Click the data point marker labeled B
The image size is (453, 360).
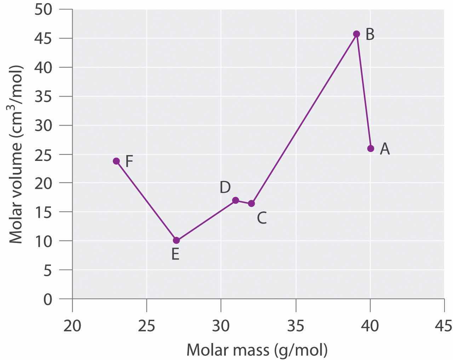pyautogui.click(x=356, y=34)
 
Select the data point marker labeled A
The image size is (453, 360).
pyautogui.click(x=371, y=148)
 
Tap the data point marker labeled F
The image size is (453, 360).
pyautogui.click(x=116, y=161)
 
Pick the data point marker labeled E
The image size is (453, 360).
pyautogui.click(x=176, y=240)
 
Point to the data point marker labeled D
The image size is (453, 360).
pyautogui.click(x=235, y=200)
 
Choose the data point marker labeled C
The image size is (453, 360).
pyautogui.click(x=251, y=203)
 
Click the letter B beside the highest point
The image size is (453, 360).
pyautogui.click(x=369, y=35)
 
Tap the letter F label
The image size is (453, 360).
pyautogui.click(x=129, y=162)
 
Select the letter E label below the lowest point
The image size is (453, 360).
pyautogui.click(x=175, y=254)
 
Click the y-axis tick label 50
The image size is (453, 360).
pyautogui.click(x=43, y=9)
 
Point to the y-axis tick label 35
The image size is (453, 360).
pyautogui.click(x=43, y=97)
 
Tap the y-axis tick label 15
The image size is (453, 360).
pyautogui.click(x=43, y=212)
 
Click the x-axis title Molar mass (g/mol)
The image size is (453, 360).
pyautogui.click(x=257, y=350)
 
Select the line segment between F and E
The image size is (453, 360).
pyautogui.click(x=146, y=201)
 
